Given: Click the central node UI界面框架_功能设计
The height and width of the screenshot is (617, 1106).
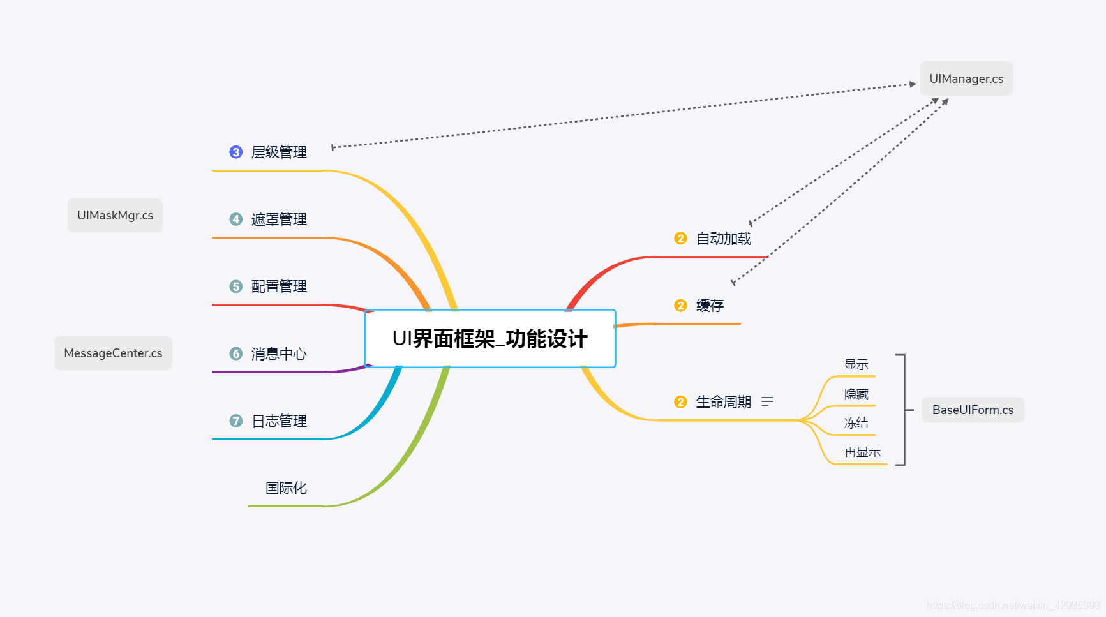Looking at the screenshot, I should pos(489,339).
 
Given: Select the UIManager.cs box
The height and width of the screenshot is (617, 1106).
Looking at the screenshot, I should pos(966,78).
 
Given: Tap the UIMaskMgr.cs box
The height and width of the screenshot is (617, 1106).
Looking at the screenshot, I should pos(116,216).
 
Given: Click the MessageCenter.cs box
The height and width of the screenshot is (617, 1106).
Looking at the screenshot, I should pos(113,353).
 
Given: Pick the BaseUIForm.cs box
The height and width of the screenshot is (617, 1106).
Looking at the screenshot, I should pos(973,410).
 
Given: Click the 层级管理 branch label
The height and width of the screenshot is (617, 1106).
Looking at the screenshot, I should pos(279,152).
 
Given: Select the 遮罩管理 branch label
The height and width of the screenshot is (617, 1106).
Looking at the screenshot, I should pos(279,219).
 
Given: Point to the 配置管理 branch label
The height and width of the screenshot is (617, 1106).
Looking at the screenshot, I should pos(279,286).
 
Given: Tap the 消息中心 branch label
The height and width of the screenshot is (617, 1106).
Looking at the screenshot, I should pos(279,354).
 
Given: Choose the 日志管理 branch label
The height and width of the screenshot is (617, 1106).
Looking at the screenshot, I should pos(279,421).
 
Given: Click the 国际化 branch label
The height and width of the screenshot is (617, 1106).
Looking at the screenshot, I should pos(286,488).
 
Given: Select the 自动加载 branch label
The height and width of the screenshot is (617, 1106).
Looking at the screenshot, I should pos(724,239).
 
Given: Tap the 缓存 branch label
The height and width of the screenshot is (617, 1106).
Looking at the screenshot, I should pos(710,306).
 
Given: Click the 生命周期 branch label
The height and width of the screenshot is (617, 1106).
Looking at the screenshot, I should pos(723,402).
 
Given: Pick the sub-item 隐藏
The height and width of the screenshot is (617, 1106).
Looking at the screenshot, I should pos(856,394).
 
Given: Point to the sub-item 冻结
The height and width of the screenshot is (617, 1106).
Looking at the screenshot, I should pos(856,423).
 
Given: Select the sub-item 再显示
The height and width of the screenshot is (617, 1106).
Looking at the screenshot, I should pos(862,452).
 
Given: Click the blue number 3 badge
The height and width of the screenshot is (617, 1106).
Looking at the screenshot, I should pos(236,152).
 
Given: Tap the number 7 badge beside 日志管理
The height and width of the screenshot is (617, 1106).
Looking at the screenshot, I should pos(236,421).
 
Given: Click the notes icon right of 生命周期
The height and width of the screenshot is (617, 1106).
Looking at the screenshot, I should pos(767,401).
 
